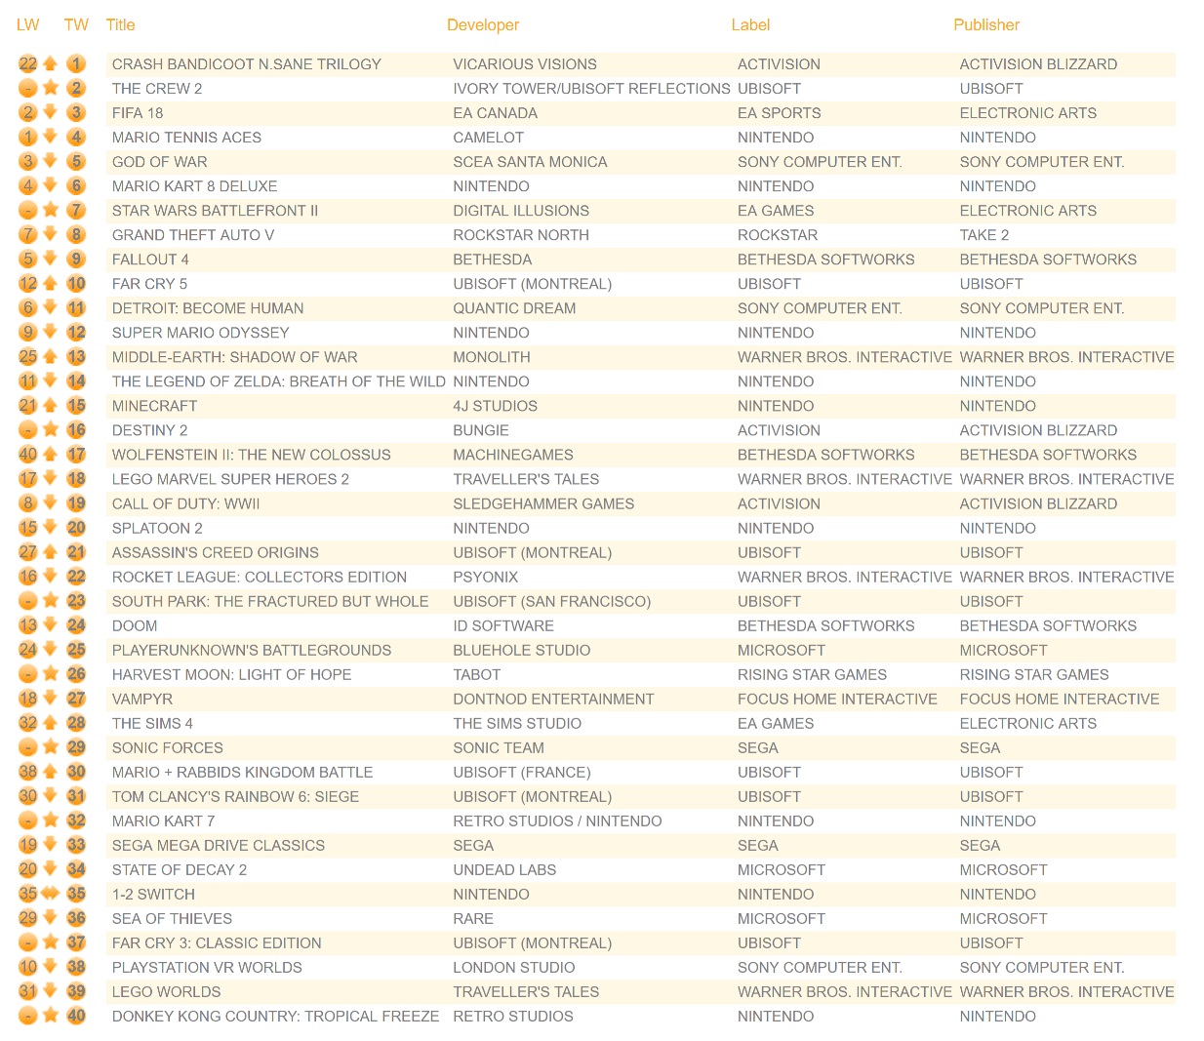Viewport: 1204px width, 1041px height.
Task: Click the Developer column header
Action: pos(482,25)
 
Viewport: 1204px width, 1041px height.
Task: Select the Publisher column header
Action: pos(985,25)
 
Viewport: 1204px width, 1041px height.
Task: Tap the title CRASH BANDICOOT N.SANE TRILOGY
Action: pos(246,64)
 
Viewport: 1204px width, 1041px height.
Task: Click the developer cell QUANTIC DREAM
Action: pos(514,308)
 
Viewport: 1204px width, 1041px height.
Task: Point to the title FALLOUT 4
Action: pos(150,260)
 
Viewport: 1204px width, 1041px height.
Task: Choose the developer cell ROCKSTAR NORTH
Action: pos(521,235)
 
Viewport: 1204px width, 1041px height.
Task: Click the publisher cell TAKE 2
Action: pos(983,235)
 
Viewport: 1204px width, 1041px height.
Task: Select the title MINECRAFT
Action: pos(154,406)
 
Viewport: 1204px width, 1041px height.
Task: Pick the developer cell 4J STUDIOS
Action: pos(495,406)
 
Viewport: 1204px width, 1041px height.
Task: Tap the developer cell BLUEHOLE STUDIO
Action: pos(521,650)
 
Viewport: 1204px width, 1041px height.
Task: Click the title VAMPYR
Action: pos(141,699)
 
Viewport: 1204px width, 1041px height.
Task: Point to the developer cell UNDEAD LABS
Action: pos(504,869)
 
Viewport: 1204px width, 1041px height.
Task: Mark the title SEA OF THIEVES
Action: pos(172,918)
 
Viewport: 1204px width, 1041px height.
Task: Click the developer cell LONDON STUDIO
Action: pos(513,967)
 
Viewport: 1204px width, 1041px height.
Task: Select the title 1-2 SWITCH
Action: pos(153,894)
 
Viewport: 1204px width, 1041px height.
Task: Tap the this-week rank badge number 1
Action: pos(76,64)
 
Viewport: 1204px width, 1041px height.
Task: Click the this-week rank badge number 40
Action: pos(76,1016)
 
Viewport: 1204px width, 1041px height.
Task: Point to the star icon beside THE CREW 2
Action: pos(51,89)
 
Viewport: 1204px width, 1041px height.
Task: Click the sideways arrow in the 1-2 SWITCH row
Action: pos(51,894)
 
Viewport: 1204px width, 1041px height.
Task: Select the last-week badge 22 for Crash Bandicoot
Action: pos(27,64)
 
